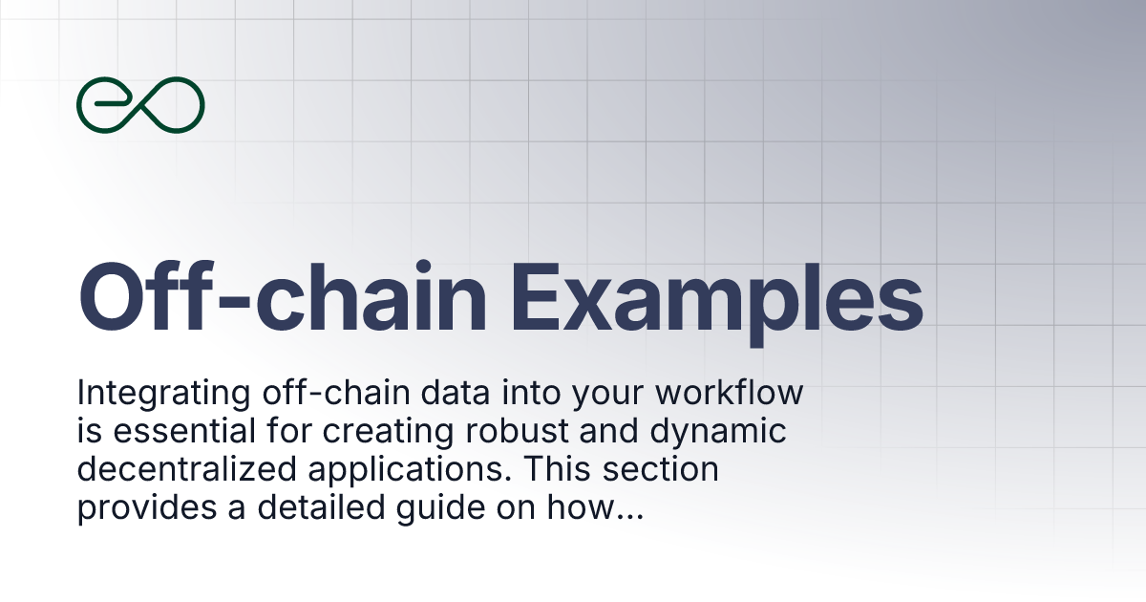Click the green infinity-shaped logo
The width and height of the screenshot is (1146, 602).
[140, 104]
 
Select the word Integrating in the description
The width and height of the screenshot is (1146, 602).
[155, 394]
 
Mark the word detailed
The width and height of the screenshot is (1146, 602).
[318, 509]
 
